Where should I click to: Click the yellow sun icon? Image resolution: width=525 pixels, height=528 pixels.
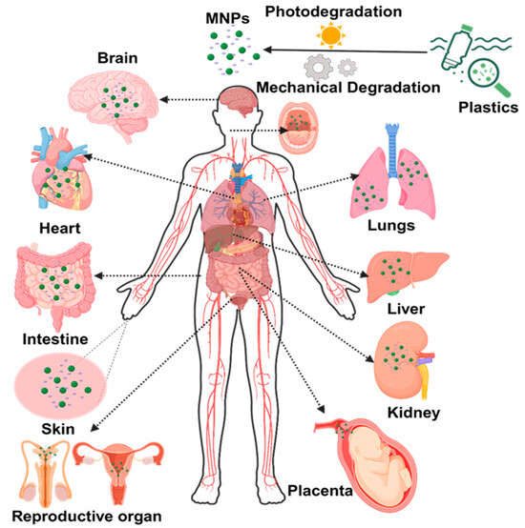331,35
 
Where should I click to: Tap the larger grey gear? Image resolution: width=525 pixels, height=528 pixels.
318,68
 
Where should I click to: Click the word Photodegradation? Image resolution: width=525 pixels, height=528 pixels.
333,12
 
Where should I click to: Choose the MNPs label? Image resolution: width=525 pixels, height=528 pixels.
227,18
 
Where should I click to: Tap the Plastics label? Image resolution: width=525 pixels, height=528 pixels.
488,108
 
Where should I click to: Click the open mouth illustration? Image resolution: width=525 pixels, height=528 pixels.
298,128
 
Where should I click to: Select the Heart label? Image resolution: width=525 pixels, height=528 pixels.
60,229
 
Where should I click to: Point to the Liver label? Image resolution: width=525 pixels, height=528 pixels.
406,309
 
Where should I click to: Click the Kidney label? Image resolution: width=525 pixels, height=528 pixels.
413,413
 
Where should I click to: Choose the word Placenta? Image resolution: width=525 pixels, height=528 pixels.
320,490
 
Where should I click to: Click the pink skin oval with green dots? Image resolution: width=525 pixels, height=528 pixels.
61,386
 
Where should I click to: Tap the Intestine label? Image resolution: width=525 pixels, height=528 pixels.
55,338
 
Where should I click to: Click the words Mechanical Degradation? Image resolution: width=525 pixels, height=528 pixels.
348,88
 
